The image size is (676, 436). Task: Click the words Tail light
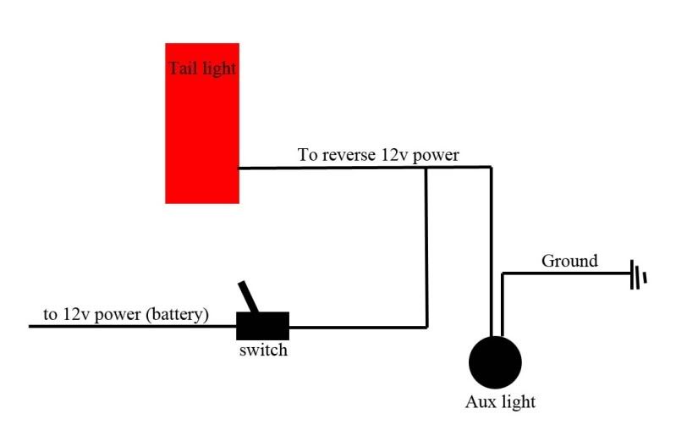(x=201, y=69)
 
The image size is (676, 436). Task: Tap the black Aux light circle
(x=495, y=362)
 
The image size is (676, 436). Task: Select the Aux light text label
(x=500, y=402)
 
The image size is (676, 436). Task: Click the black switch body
(x=262, y=325)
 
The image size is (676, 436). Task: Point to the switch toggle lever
(x=250, y=298)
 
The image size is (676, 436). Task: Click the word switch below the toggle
(x=262, y=350)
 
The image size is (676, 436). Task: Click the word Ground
(x=569, y=261)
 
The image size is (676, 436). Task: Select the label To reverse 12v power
(x=378, y=155)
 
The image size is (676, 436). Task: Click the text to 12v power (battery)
(x=126, y=314)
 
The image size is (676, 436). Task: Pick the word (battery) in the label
(x=177, y=314)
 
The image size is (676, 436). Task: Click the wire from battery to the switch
(x=127, y=326)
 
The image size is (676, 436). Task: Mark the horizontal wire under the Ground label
(x=567, y=273)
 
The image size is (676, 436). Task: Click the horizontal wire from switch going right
(x=355, y=326)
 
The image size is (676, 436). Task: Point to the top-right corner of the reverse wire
(x=491, y=168)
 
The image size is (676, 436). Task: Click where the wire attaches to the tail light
(x=239, y=168)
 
